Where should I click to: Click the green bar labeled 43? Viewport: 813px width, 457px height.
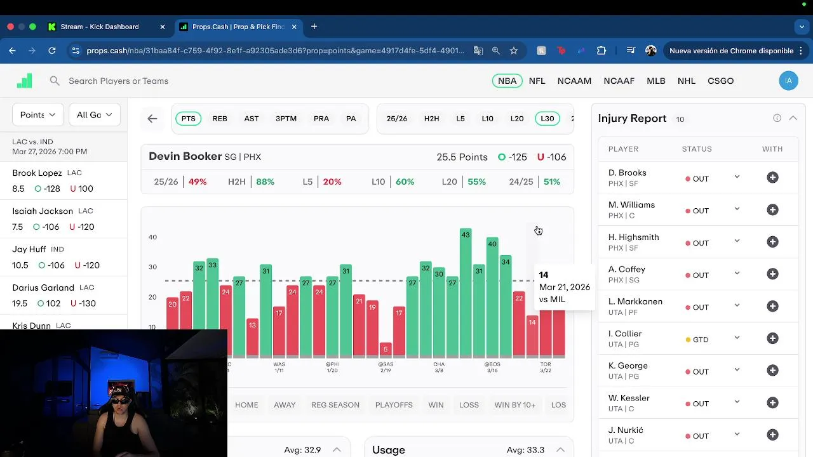pyautogui.click(x=466, y=292)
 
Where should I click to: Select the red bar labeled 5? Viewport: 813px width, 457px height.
pyautogui.click(x=386, y=350)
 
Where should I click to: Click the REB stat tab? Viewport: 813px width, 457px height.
pyautogui.click(x=220, y=119)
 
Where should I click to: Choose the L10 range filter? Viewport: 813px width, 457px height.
pyautogui.click(x=487, y=119)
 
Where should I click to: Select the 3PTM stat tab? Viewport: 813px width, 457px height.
pyautogui.click(x=286, y=119)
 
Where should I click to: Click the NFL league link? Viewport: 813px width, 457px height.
pyautogui.click(x=537, y=81)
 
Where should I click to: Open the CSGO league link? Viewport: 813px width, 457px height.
pyautogui.click(x=720, y=81)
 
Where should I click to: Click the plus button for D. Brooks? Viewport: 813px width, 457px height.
pyautogui.click(x=772, y=178)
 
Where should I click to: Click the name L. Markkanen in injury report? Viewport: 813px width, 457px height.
pyautogui.click(x=635, y=301)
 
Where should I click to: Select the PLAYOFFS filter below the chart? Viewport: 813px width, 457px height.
pyautogui.click(x=394, y=405)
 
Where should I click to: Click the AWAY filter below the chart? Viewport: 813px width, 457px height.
pyautogui.click(x=285, y=405)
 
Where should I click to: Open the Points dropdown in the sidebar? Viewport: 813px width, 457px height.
pyautogui.click(x=37, y=115)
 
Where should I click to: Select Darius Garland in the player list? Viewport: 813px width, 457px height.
pyautogui.click(x=43, y=288)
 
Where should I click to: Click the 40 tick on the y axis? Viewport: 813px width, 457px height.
pyautogui.click(x=152, y=237)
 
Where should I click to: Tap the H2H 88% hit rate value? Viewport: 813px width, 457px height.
pyautogui.click(x=265, y=182)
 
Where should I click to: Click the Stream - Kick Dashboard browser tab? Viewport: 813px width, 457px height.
pyautogui.click(x=100, y=27)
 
